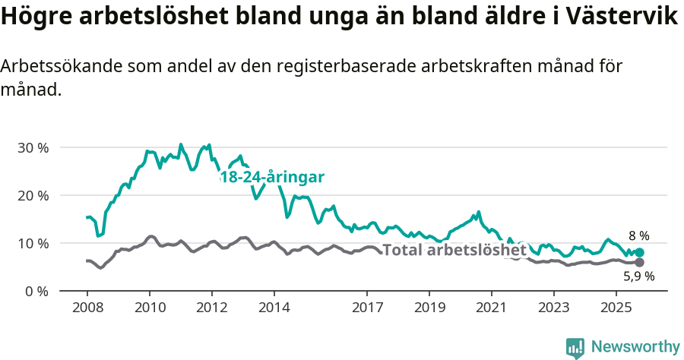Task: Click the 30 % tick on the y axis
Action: [x=32, y=147]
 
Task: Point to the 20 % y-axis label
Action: [x=32, y=195]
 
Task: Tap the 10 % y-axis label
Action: [x=32, y=243]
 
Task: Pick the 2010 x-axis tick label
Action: [x=149, y=309]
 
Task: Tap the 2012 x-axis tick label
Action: [x=211, y=309]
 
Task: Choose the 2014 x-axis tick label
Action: [x=274, y=309]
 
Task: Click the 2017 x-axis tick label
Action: [x=367, y=309]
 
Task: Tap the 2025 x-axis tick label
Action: [x=616, y=309]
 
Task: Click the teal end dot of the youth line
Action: [x=639, y=253]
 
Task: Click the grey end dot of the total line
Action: [x=639, y=263]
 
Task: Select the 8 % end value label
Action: [x=638, y=236]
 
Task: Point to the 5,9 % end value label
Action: [x=638, y=277]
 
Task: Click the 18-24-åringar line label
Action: [x=272, y=177]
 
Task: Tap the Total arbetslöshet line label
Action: [x=454, y=250]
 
